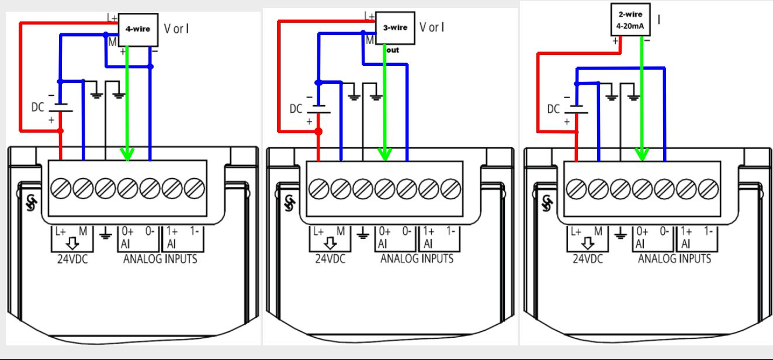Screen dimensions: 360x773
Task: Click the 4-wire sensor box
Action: coord(138,28)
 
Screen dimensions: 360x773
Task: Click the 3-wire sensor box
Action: coord(395,27)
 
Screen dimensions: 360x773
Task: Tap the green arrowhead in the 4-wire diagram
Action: coord(127,154)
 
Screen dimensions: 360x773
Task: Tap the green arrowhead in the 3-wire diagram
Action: coord(384,154)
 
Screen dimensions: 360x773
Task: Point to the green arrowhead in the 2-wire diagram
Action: coord(642,154)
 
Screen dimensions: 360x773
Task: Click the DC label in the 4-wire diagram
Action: coord(38,108)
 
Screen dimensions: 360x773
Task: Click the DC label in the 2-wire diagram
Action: coord(553,109)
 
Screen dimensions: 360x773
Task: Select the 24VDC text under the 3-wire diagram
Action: coord(330,258)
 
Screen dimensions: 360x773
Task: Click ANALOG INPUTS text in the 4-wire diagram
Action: coord(160,258)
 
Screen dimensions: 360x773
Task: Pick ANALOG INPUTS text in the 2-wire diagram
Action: coord(674,258)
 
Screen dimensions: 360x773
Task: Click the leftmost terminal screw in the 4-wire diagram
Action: coord(61,188)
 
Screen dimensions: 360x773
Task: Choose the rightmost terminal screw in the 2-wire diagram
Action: coord(709,188)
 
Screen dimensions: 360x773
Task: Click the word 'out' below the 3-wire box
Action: coord(392,50)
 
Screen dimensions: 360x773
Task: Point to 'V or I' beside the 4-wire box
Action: coord(176,28)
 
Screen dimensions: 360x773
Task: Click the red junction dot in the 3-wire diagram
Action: coord(318,131)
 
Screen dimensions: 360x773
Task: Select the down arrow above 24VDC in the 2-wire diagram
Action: coord(588,243)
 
